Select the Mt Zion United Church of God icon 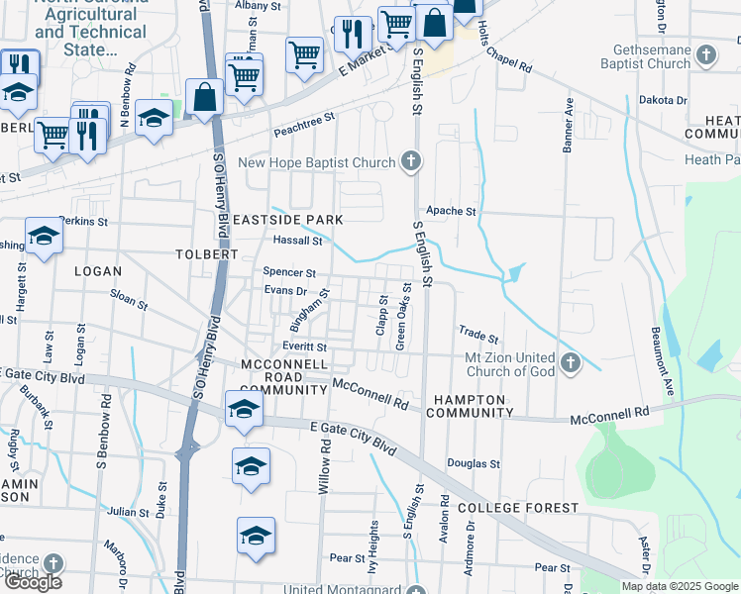[570, 363]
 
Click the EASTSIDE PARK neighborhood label [296, 220]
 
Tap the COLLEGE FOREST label [518, 508]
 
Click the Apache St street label [451, 211]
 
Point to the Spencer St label [289, 272]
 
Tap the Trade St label [477, 334]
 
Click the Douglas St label [473, 463]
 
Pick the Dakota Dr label [662, 100]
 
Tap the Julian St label [128, 512]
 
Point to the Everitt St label [303, 347]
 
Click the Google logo [33, 582]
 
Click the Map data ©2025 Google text [680, 586]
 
